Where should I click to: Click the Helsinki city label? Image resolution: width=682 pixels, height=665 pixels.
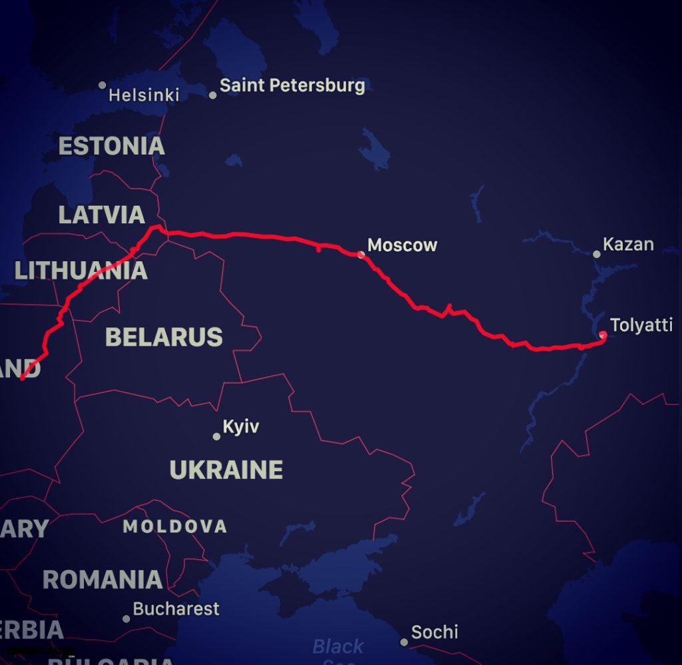tap(144, 95)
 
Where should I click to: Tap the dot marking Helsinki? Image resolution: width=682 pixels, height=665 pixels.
tap(102, 85)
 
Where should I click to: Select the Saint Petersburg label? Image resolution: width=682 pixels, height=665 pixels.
tap(292, 85)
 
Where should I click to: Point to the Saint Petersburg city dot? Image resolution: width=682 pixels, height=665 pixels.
tap(212, 95)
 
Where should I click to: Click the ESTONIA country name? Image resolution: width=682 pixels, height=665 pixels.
tap(111, 146)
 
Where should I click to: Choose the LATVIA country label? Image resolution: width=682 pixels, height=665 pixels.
tap(101, 215)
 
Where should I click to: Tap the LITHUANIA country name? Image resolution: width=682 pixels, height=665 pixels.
tap(81, 271)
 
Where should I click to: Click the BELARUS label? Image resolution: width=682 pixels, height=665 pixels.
tap(164, 337)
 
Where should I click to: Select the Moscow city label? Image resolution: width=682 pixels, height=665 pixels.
tap(402, 245)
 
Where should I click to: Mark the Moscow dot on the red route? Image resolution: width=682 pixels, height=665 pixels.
tap(361, 255)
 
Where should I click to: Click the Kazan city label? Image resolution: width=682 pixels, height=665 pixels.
tap(628, 245)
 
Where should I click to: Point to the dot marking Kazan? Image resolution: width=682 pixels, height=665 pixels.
tap(596, 254)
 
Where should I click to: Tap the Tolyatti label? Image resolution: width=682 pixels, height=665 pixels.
tap(641, 325)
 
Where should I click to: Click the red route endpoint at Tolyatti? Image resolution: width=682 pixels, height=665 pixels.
tap(603, 334)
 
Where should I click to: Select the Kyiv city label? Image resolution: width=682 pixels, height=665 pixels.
tap(240, 426)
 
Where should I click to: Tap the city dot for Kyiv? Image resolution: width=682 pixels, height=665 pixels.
tap(216, 436)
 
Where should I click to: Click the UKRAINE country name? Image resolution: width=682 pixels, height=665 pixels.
tap(226, 470)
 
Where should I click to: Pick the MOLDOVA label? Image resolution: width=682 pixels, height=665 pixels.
tap(174, 526)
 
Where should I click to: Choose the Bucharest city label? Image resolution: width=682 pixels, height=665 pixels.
tap(176, 608)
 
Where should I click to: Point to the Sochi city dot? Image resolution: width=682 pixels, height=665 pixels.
tap(404, 642)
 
